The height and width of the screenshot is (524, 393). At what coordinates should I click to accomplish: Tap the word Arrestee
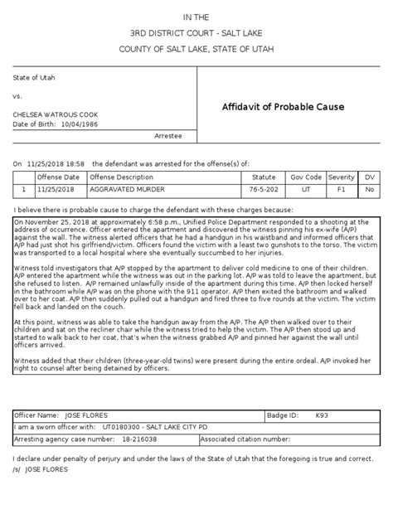(168, 134)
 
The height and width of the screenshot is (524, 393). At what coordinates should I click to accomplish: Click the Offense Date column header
(61, 177)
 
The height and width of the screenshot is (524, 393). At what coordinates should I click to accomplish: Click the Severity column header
(342, 177)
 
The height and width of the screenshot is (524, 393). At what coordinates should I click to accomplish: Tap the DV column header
(370, 177)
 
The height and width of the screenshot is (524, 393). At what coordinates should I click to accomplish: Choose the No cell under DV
(370, 189)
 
